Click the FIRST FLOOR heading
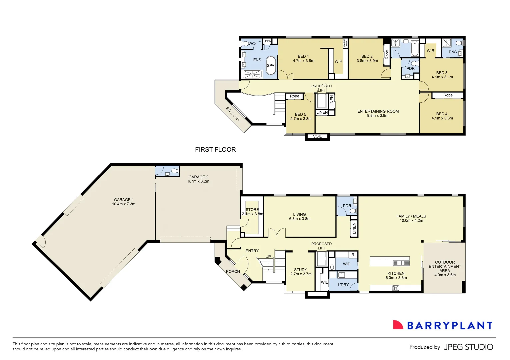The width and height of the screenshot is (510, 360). click(x=215, y=150)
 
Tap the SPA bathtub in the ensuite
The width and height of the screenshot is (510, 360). click(x=271, y=65)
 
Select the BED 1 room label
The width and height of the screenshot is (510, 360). click(x=303, y=56)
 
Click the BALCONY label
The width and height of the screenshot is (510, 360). click(x=233, y=114)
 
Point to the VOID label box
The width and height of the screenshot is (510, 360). click(x=318, y=136)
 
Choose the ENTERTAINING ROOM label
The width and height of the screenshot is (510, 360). click(x=378, y=111)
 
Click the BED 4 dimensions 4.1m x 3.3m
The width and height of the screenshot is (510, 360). click(x=442, y=118)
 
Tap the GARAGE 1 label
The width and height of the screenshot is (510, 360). click(x=124, y=200)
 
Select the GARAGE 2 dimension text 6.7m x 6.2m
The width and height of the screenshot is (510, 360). click(x=198, y=181)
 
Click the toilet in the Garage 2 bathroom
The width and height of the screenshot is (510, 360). click(x=174, y=171)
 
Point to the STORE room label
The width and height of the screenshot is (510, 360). click(x=252, y=210)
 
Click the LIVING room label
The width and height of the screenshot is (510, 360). click(x=299, y=214)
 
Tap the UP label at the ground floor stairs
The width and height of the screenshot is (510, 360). click(x=268, y=257)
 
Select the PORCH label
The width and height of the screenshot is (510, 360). click(x=233, y=271)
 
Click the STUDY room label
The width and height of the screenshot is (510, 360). click(x=300, y=270)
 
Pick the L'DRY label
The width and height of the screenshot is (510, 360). click(x=343, y=285)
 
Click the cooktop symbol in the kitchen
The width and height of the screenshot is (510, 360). click(x=395, y=288)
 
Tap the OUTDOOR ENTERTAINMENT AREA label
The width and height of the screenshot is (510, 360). click(x=445, y=266)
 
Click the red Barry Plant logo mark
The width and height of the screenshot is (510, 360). click(x=398, y=325)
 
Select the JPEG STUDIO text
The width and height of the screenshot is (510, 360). click(x=468, y=347)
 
